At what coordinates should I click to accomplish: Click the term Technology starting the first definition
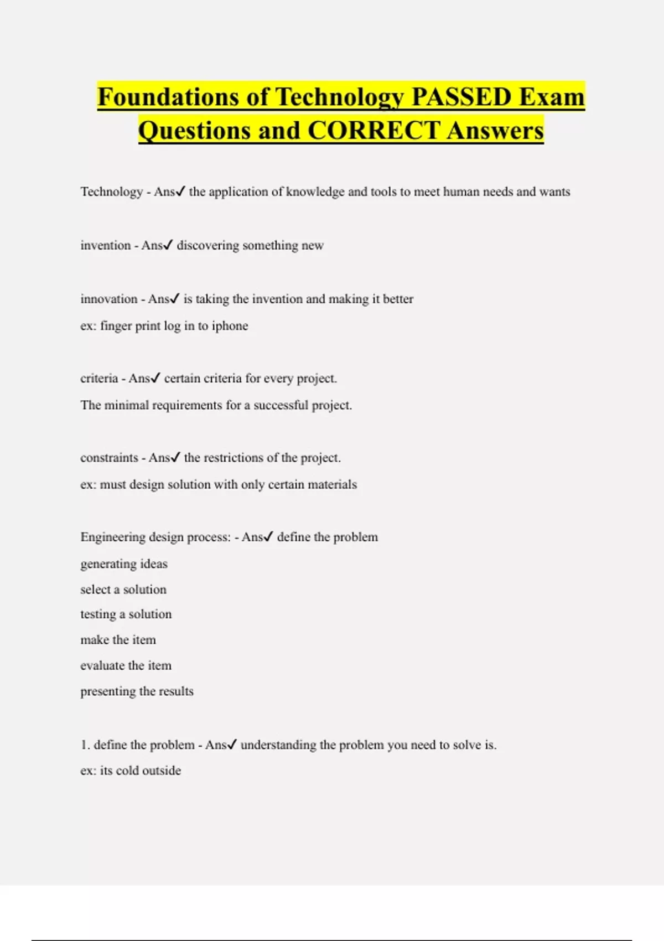click(112, 192)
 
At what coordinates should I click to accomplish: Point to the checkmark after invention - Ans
click(168, 245)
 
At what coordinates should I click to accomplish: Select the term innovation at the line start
click(109, 299)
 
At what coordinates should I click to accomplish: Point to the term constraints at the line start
click(109, 458)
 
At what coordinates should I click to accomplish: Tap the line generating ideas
click(124, 564)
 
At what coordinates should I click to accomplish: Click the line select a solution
click(123, 590)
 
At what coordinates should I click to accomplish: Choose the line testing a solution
click(126, 614)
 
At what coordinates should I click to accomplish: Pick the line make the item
click(118, 640)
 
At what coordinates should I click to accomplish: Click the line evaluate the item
click(126, 665)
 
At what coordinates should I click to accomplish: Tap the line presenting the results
click(137, 691)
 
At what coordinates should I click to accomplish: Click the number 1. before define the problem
click(85, 745)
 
